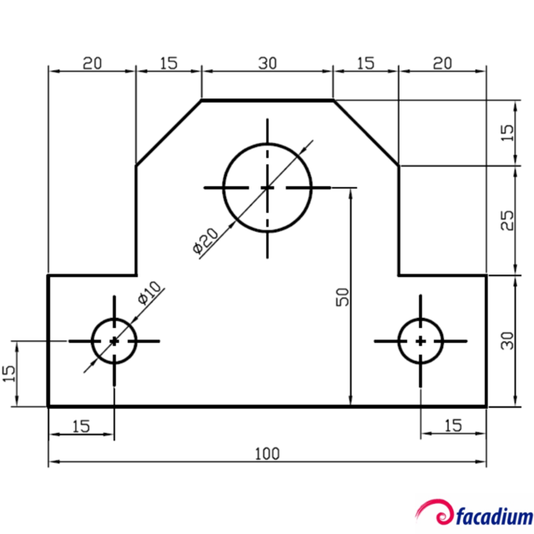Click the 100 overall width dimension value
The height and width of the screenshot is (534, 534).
[x=267, y=454]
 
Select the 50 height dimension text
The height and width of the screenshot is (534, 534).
[x=341, y=296]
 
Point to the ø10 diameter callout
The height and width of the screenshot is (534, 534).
[x=148, y=294]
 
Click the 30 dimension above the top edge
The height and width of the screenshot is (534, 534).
[x=267, y=63]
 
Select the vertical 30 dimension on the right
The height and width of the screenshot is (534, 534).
[x=507, y=340]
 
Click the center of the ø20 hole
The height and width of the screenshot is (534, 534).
[x=267, y=188]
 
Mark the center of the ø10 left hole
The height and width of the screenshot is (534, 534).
[x=114, y=340]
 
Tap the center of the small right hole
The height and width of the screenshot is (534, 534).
[x=421, y=340]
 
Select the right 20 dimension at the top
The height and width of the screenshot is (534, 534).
[x=442, y=63]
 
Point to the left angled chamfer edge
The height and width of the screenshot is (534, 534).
[x=169, y=133]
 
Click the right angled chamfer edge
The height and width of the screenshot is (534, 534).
[x=365, y=133]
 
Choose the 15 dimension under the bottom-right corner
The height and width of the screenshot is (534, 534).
[x=452, y=426]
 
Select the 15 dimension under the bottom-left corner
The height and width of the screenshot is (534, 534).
[x=80, y=426]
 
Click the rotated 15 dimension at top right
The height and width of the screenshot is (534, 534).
[x=507, y=133]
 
